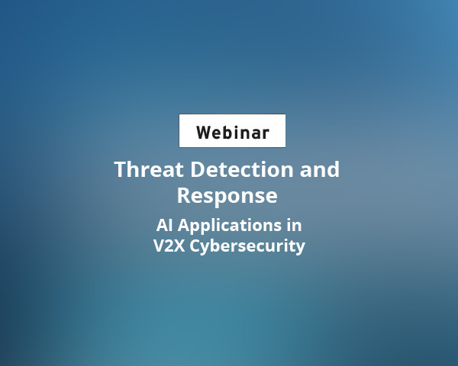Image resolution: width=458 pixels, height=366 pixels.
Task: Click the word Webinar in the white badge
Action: point(232,132)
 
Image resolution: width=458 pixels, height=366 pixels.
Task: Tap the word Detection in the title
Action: point(237,169)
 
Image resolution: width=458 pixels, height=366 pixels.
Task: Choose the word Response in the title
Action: point(227,195)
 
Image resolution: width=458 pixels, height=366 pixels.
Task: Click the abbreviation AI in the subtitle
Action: point(163,226)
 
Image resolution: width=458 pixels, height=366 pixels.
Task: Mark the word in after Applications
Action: point(293,226)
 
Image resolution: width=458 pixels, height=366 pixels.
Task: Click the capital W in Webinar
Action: point(204,132)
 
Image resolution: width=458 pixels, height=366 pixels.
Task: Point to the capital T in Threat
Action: point(121,169)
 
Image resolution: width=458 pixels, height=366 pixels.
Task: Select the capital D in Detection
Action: point(196,169)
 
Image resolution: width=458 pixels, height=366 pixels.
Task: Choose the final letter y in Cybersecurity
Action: point(300,248)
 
